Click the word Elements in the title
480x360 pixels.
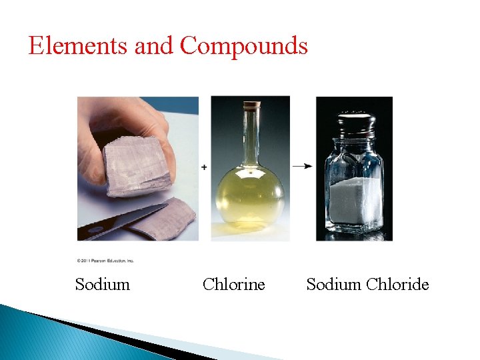[78, 45]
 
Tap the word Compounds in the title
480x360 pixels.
[244, 45]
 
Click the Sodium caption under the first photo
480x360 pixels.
[103, 285]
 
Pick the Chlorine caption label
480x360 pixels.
[233, 285]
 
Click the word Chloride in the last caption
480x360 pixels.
[397, 285]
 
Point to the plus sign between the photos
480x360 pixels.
[204, 167]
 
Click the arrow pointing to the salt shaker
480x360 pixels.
[304, 166]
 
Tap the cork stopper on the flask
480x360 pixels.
[251, 105]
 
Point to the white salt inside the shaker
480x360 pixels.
[354, 203]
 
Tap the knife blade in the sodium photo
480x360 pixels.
[140, 217]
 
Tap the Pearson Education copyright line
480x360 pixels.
[105, 261]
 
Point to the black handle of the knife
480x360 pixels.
[90, 233]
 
